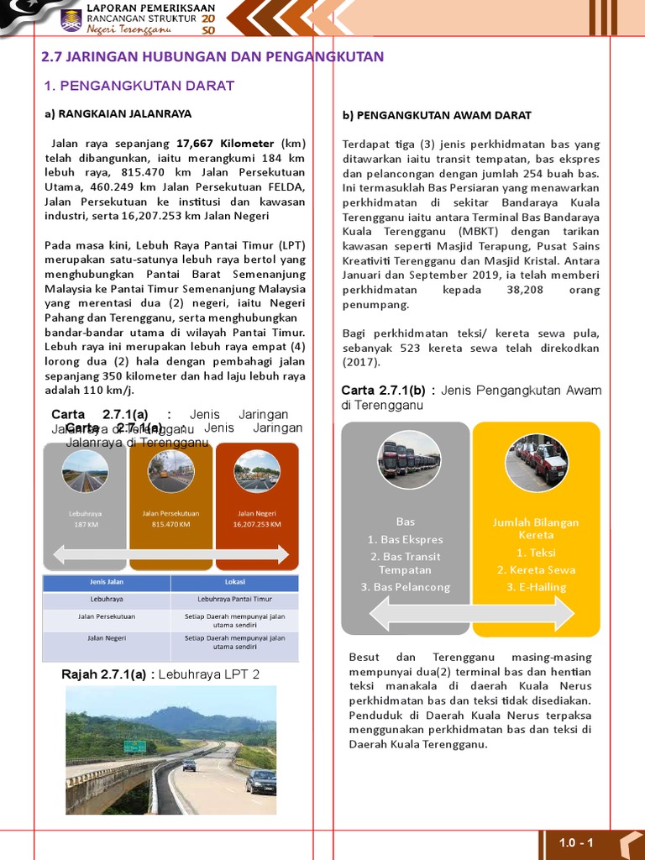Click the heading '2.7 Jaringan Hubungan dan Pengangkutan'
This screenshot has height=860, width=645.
tap(212, 57)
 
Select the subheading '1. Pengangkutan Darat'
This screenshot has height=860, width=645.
tap(139, 86)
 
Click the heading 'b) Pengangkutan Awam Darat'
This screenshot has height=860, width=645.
tap(437, 115)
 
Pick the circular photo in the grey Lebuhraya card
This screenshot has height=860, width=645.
tap(85, 471)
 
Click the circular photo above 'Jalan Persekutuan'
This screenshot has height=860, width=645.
tap(170, 471)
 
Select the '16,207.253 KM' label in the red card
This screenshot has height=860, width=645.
tap(257, 524)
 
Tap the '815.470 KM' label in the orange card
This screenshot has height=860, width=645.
tap(170, 524)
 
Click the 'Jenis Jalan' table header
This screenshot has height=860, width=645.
tap(107, 582)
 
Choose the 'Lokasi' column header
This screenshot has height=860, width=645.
tap(234, 582)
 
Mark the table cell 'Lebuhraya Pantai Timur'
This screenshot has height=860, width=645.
tap(234, 600)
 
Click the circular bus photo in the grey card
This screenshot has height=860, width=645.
tap(409, 461)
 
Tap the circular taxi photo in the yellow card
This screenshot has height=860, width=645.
tap(537, 461)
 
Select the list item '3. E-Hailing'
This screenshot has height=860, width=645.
tap(536, 587)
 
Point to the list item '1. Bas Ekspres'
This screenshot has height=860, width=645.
tap(406, 539)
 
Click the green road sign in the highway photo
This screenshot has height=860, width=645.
tap(134, 746)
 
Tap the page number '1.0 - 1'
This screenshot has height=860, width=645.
tap(576, 843)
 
